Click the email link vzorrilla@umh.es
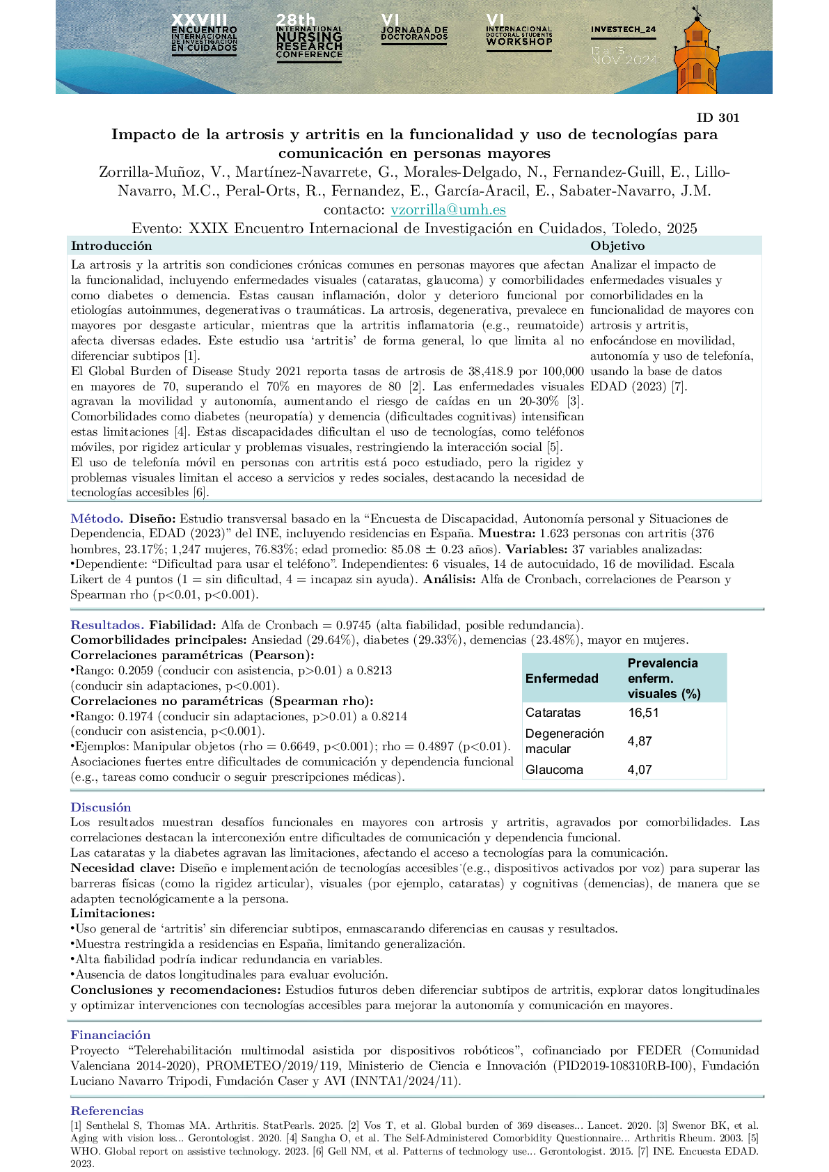click(448, 209)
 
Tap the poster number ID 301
click(718, 118)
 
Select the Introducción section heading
click(111, 246)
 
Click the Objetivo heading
click(617, 246)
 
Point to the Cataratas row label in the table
click(553, 713)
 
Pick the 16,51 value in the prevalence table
click(643, 713)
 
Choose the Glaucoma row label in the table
click(554, 770)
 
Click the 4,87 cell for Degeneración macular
click(640, 741)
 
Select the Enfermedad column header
click(562, 679)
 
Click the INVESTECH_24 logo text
click(623, 30)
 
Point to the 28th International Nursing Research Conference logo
click(309, 39)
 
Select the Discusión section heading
click(101, 807)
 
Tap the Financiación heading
click(111, 1035)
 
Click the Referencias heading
click(107, 1111)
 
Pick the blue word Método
click(97, 518)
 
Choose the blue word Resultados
click(107, 625)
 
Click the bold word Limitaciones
click(113, 913)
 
